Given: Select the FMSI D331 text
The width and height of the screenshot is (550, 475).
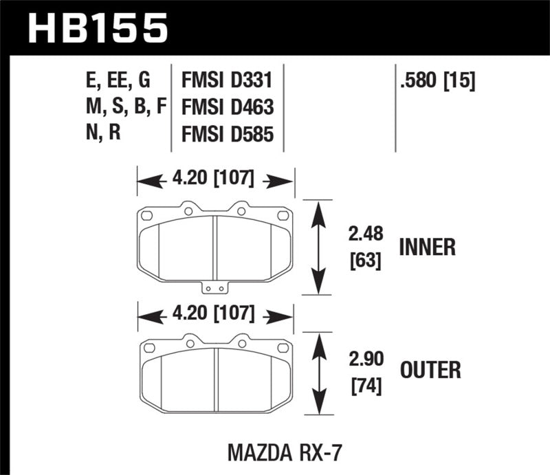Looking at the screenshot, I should click(227, 81).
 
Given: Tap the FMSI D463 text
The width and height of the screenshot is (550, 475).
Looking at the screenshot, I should click(228, 108).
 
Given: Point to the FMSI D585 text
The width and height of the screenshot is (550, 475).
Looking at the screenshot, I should click(228, 134).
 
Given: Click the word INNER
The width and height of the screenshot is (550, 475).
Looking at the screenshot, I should click(427, 247).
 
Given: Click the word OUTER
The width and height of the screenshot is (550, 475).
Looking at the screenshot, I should click(430, 371).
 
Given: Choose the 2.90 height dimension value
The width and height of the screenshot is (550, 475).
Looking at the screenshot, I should click(364, 358).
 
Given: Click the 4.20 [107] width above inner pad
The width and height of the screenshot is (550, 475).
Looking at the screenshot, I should click(217, 181).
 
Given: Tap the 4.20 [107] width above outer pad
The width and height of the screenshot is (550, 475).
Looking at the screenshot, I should click(217, 316).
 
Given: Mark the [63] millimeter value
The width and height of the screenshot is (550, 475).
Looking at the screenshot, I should click(364, 261).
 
